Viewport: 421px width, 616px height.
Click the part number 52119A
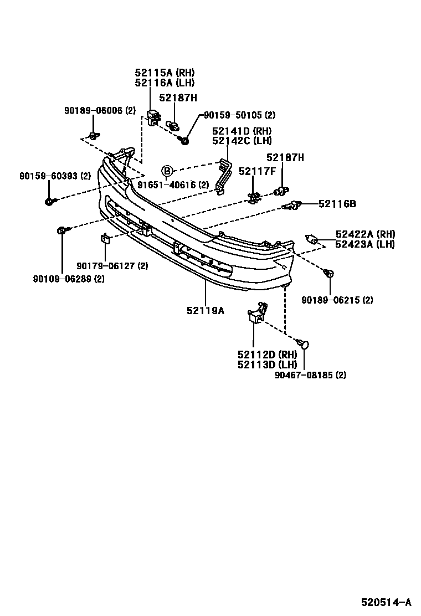tap(205, 311)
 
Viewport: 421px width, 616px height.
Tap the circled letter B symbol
tap(167, 171)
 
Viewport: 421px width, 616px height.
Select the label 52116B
tap(337, 204)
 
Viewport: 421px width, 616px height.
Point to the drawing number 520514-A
tap(387, 602)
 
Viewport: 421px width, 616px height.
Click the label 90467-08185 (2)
tap(310, 375)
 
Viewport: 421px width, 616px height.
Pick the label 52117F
tap(257, 171)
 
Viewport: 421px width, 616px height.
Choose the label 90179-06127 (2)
tap(112, 266)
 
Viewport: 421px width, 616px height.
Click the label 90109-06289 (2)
tap(69, 278)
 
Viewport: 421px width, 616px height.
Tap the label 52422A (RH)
tap(365, 234)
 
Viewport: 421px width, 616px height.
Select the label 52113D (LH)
tap(267, 365)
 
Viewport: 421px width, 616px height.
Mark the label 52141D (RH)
tap(242, 131)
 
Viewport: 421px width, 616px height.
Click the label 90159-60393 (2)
tap(55, 176)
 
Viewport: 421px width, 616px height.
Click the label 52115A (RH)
tap(165, 73)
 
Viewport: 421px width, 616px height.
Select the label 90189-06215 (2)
tap(337, 300)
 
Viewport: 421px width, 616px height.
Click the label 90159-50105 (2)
tap(239, 115)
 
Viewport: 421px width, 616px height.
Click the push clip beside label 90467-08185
tap(303, 344)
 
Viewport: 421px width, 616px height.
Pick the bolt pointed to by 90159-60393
tap(49, 201)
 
